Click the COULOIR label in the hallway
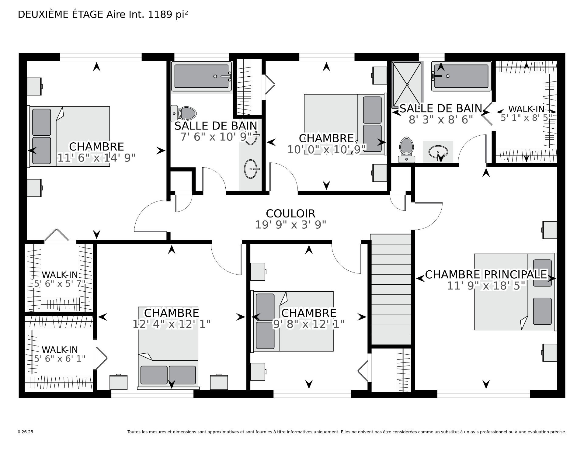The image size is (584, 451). point(290,213)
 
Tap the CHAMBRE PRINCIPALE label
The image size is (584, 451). point(486,274)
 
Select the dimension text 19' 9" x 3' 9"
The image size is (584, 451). point(290,225)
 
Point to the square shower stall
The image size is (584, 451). point(407,85)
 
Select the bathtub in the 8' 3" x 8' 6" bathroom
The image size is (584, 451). point(461,76)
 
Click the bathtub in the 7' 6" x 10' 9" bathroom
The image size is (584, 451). point(201,76)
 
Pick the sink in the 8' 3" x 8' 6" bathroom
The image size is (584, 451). point(438,151)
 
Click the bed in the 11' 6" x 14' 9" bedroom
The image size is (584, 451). point(69,136)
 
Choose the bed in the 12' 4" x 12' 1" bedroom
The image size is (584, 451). point(168,348)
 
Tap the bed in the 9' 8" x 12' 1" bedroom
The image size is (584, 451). point(292,321)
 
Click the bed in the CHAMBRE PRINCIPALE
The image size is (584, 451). point(515,292)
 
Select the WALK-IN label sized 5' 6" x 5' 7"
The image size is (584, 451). point(60,275)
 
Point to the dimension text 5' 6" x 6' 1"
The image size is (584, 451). point(60,359)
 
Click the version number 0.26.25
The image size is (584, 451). point(26,432)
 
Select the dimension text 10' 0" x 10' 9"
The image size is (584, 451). point(327,150)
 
